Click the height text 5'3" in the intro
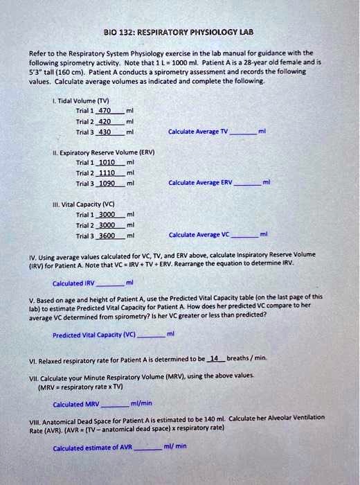(x=35, y=69)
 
